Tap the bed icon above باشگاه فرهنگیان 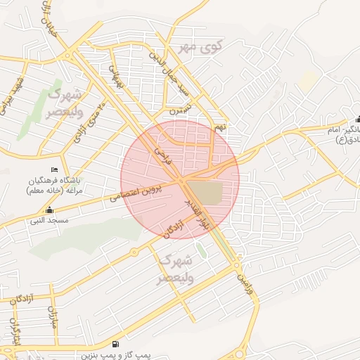click(x=55, y=170)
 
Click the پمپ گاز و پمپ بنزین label click(x=116, y=356)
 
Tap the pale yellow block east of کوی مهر click(x=307, y=79)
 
